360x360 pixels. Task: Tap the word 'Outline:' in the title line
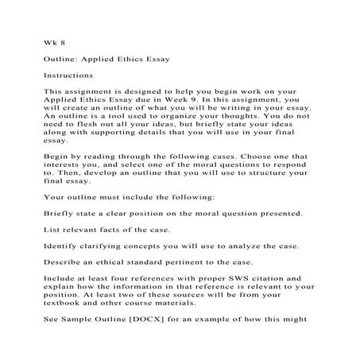61,59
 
